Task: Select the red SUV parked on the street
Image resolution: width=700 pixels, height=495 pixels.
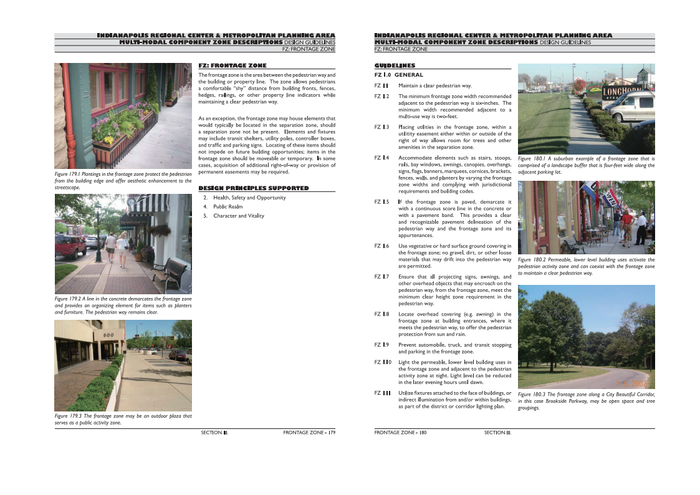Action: coord(70,246)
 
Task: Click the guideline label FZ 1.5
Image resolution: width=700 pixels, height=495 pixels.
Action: coord(381,202)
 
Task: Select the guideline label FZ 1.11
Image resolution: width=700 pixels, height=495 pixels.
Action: coord(382,393)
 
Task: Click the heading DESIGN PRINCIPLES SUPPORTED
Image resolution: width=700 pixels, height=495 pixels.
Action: coord(253,188)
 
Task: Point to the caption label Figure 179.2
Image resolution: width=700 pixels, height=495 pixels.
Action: coord(69,299)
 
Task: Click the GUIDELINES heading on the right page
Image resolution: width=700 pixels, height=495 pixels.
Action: coord(395,65)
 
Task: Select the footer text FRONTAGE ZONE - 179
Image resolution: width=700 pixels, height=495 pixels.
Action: coord(309,432)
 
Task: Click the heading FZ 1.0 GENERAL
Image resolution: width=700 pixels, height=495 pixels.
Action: coord(398,75)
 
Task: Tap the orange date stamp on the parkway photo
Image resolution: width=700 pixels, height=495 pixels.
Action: coord(633,382)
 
